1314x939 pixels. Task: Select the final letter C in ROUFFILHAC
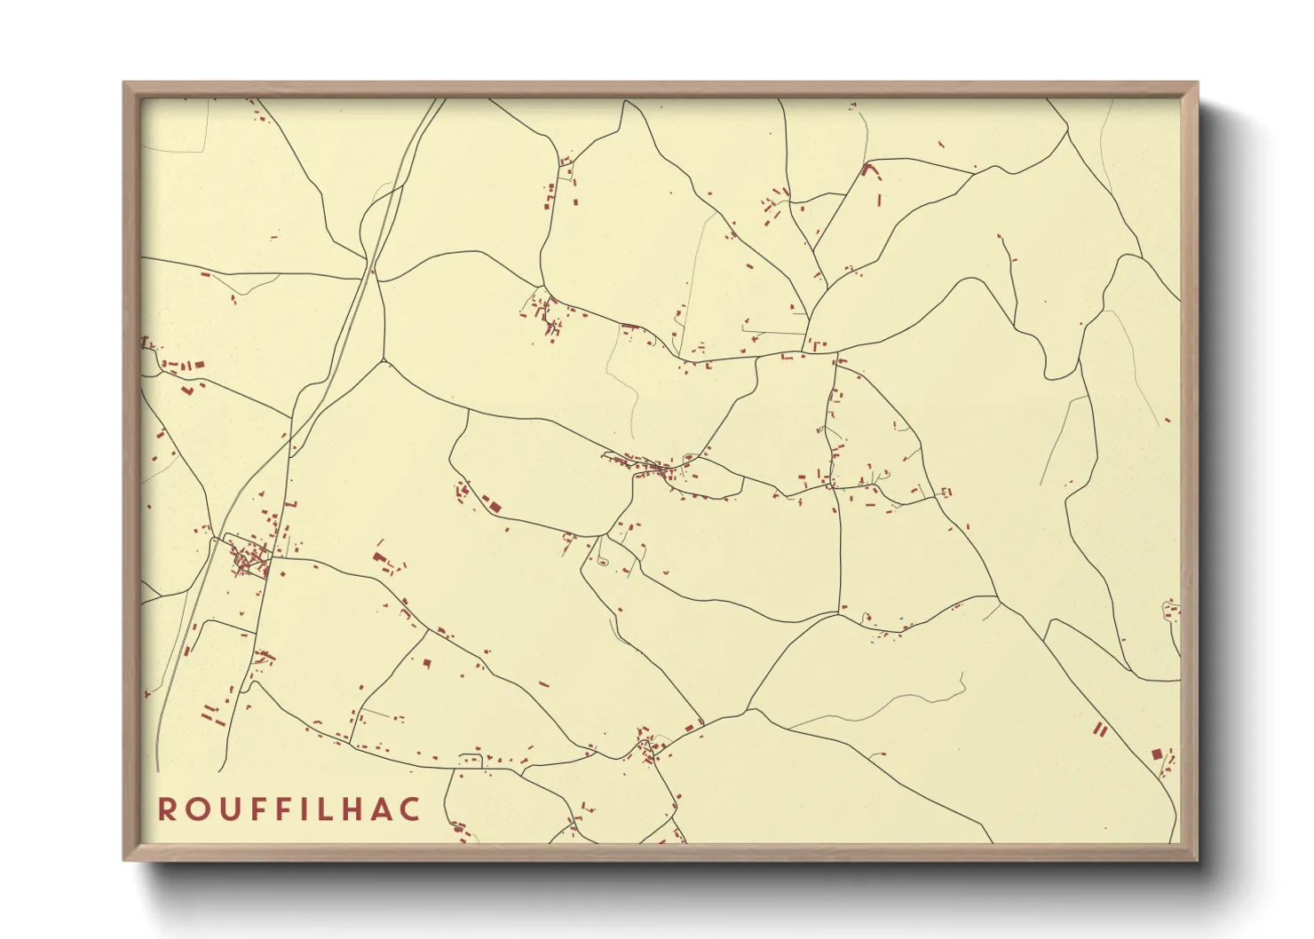tap(411, 809)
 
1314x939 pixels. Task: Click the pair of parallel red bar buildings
tap(1101, 730)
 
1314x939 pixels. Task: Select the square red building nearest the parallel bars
tap(1156, 754)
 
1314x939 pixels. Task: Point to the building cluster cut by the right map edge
tap(1172, 611)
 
